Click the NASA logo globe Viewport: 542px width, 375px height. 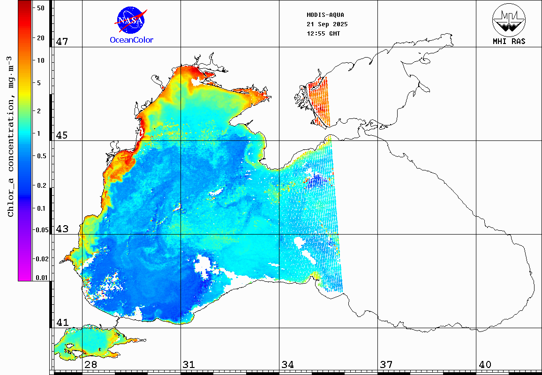(x=131, y=20)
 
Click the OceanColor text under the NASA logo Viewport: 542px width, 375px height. (x=131, y=40)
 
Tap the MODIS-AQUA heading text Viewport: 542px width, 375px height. (x=325, y=15)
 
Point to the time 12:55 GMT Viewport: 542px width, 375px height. (x=324, y=34)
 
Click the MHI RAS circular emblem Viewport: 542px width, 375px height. (x=509, y=20)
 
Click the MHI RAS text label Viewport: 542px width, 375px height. (x=509, y=41)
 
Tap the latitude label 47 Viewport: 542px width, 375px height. (x=62, y=42)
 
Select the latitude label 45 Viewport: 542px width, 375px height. (x=62, y=135)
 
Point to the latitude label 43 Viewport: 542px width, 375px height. (x=62, y=229)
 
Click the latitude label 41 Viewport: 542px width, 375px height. (x=62, y=323)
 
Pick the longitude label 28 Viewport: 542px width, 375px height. (x=90, y=364)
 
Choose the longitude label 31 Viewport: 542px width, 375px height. (x=189, y=364)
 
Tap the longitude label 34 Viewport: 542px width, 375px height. (x=287, y=364)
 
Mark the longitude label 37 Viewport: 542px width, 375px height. (x=386, y=364)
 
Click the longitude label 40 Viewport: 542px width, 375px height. (x=485, y=364)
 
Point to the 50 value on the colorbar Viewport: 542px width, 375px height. (x=41, y=8)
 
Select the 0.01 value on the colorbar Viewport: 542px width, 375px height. (x=42, y=278)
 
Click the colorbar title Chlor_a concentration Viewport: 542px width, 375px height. (x=10, y=136)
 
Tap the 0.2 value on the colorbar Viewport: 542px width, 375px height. (x=41, y=185)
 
